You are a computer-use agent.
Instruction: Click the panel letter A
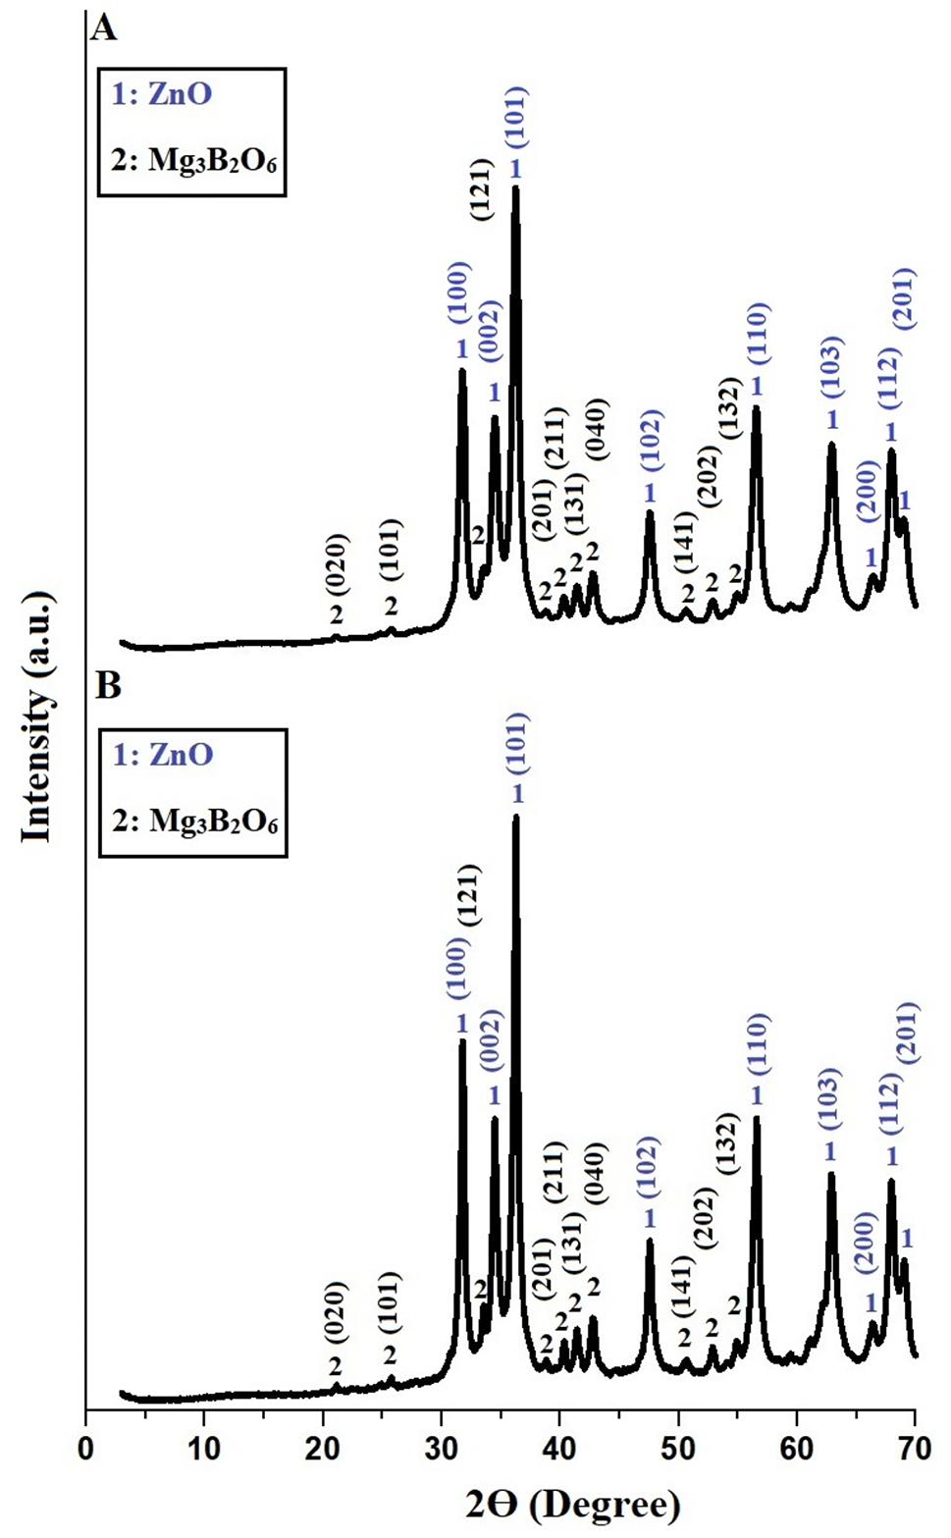[x=103, y=27]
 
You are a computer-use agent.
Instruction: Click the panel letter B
[x=107, y=685]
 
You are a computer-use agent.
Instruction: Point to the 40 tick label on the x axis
[x=558, y=1446]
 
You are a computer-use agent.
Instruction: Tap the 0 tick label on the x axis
[x=86, y=1446]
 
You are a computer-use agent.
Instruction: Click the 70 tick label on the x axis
[x=913, y=1446]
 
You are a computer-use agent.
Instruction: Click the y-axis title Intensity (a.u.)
[x=36, y=716]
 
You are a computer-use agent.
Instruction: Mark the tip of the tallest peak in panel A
[x=515, y=187]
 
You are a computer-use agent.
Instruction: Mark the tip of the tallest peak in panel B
[x=515, y=817]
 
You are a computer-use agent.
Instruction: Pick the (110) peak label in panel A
[x=758, y=335]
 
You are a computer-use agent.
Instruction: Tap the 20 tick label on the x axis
[x=322, y=1446]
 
